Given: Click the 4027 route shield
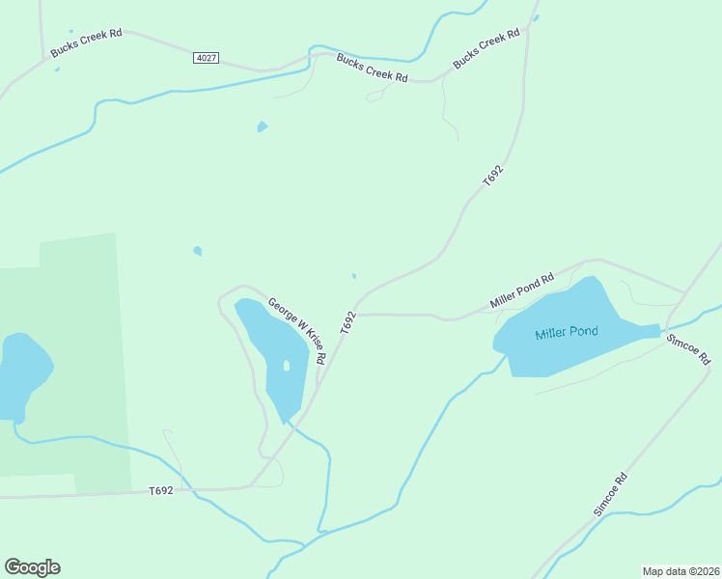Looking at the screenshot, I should click(206, 58).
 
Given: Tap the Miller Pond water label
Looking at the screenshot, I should click(567, 332).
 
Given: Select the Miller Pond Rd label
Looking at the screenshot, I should click(521, 290).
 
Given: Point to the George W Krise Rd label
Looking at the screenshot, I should click(297, 330).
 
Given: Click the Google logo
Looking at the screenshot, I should click(32, 567).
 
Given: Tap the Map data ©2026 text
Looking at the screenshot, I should click(680, 570).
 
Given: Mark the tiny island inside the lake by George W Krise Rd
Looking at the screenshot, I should click(286, 365).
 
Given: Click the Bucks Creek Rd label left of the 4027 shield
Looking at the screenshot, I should click(87, 44).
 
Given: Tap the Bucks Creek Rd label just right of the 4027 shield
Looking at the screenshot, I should click(372, 68).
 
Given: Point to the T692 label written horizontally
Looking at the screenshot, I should click(161, 491).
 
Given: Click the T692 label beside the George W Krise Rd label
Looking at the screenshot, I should click(347, 323).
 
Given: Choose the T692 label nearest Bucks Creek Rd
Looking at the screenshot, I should click(493, 176).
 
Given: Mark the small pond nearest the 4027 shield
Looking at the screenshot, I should click(262, 126).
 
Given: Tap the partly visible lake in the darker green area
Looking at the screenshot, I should click(21, 374).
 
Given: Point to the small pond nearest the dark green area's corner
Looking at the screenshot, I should click(198, 251).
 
